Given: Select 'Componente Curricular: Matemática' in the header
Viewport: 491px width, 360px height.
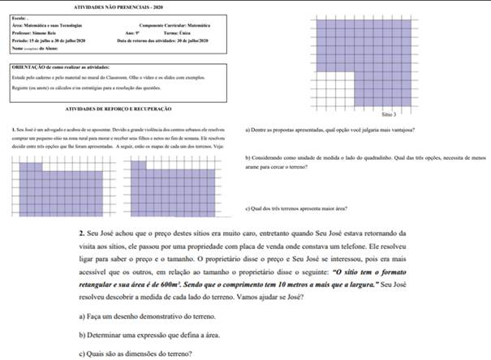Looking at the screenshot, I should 163,26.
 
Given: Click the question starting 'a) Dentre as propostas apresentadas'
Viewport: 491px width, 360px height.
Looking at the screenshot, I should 330,129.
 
